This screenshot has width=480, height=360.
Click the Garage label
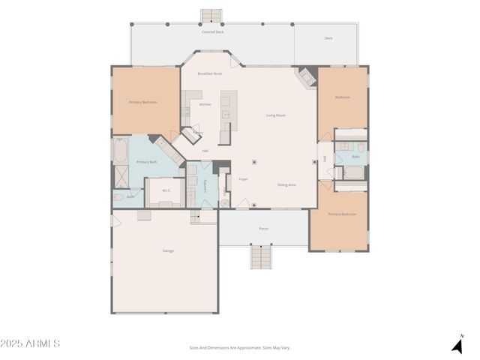coord(168,250)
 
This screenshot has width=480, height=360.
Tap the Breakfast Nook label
coord(210,73)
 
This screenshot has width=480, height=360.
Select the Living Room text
coord(276,115)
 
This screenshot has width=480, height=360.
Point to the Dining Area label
coord(286,184)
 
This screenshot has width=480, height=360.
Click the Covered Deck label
coord(212,32)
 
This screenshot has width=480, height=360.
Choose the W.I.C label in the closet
coord(166,190)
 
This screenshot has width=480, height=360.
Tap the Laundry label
coord(205,185)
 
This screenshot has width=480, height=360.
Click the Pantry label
coord(197,133)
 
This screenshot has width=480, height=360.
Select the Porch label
coord(263,228)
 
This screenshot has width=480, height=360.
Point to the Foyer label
coord(243,179)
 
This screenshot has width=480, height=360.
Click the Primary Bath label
coord(146,162)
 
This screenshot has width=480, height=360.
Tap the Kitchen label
coord(205,104)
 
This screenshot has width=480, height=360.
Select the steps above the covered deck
coord(211,16)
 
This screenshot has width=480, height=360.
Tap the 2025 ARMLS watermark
coord(31,343)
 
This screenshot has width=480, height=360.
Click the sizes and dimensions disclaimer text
coord(239,348)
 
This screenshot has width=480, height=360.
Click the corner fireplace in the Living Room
coord(306,76)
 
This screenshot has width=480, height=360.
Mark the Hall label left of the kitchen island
coord(205,151)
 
